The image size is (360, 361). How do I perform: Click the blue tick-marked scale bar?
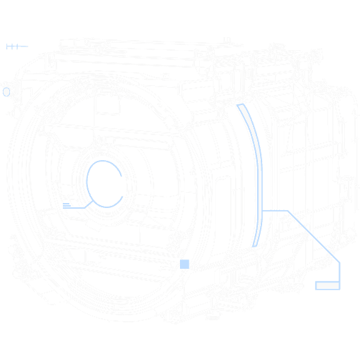(x=16, y=46)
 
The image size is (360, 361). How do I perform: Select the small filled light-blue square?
(x=184, y=264)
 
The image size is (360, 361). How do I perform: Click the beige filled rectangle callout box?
(x=328, y=285)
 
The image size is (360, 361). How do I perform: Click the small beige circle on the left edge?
(x=6, y=92)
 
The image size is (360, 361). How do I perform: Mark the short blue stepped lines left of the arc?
(x=71, y=206)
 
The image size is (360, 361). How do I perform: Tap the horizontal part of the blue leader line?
(x=276, y=210)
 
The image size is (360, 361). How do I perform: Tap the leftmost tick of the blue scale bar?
(x=7, y=46)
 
